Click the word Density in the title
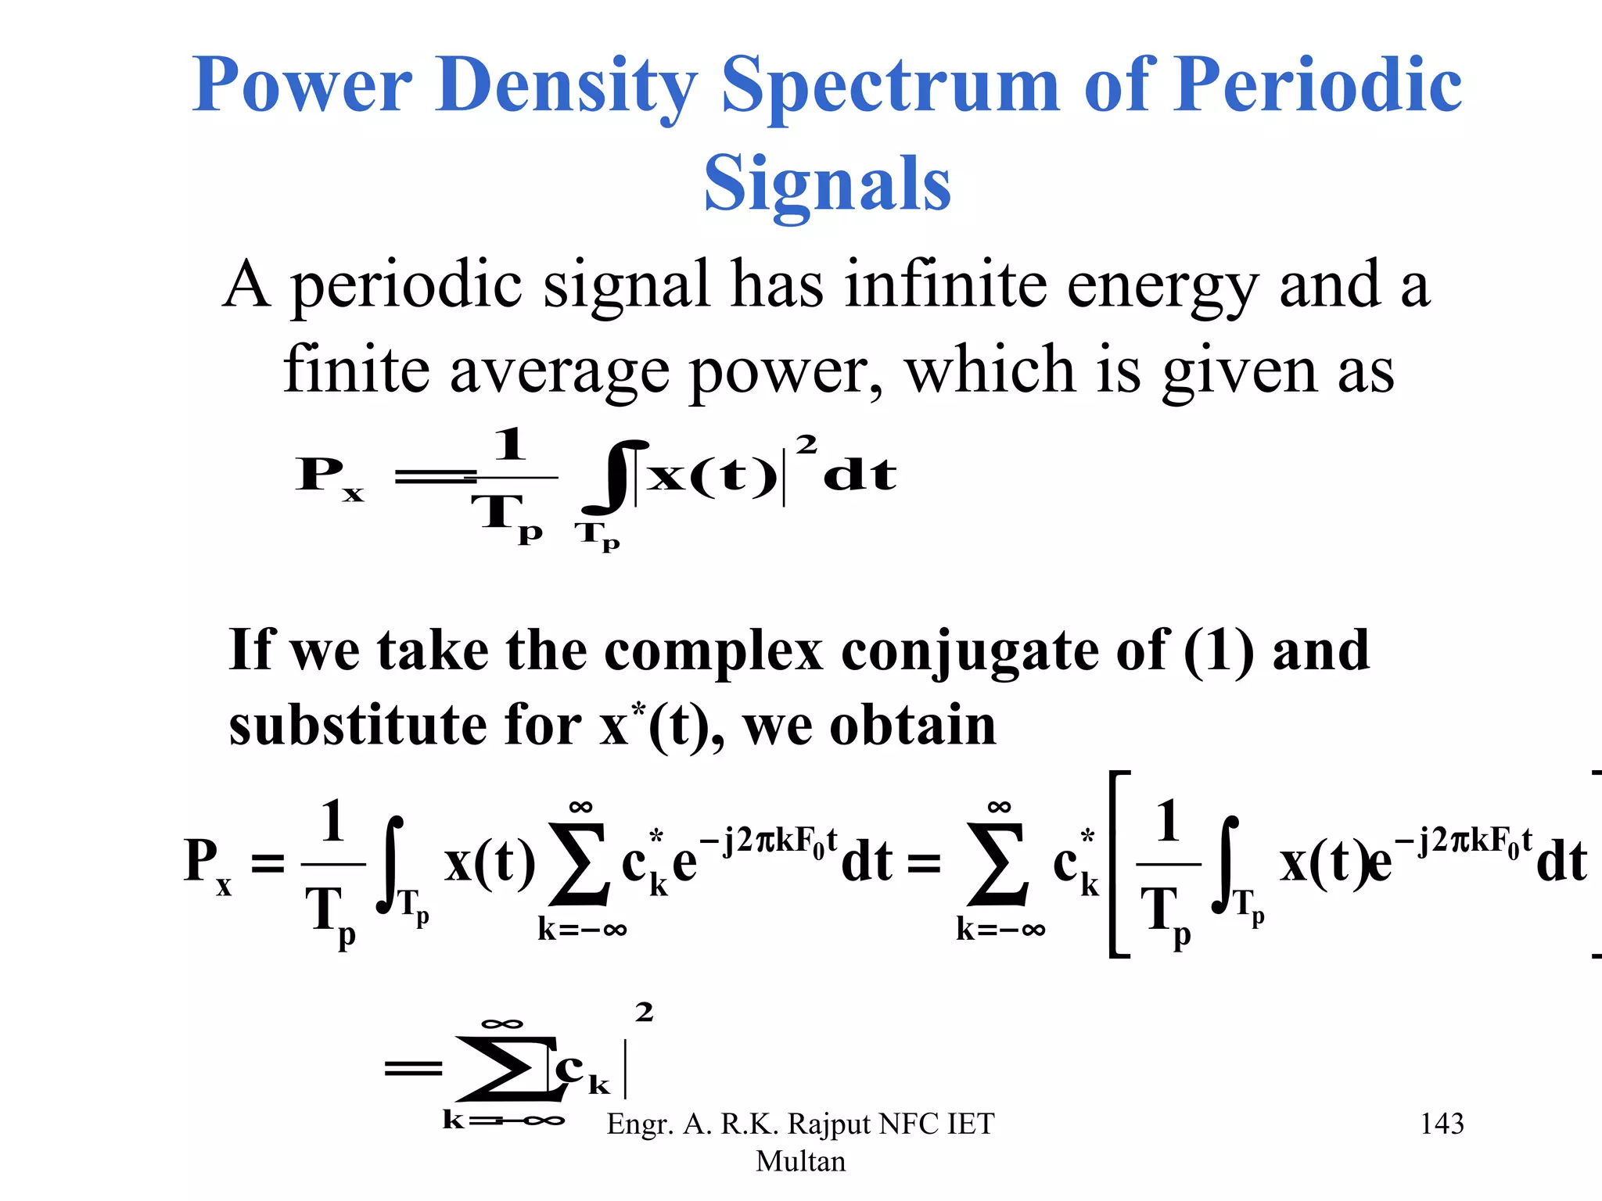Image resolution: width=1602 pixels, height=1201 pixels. click(x=567, y=86)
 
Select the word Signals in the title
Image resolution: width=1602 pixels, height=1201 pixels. click(x=827, y=185)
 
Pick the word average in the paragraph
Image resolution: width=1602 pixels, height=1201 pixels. click(x=559, y=371)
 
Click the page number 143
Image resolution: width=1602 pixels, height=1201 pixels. click(x=1442, y=1124)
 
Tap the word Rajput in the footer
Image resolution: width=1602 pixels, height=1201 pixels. click(x=829, y=1124)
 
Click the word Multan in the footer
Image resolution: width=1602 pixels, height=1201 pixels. click(x=800, y=1161)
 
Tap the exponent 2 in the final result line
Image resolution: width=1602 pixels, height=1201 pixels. click(x=644, y=1013)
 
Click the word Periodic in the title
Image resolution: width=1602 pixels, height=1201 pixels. click(x=1318, y=86)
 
